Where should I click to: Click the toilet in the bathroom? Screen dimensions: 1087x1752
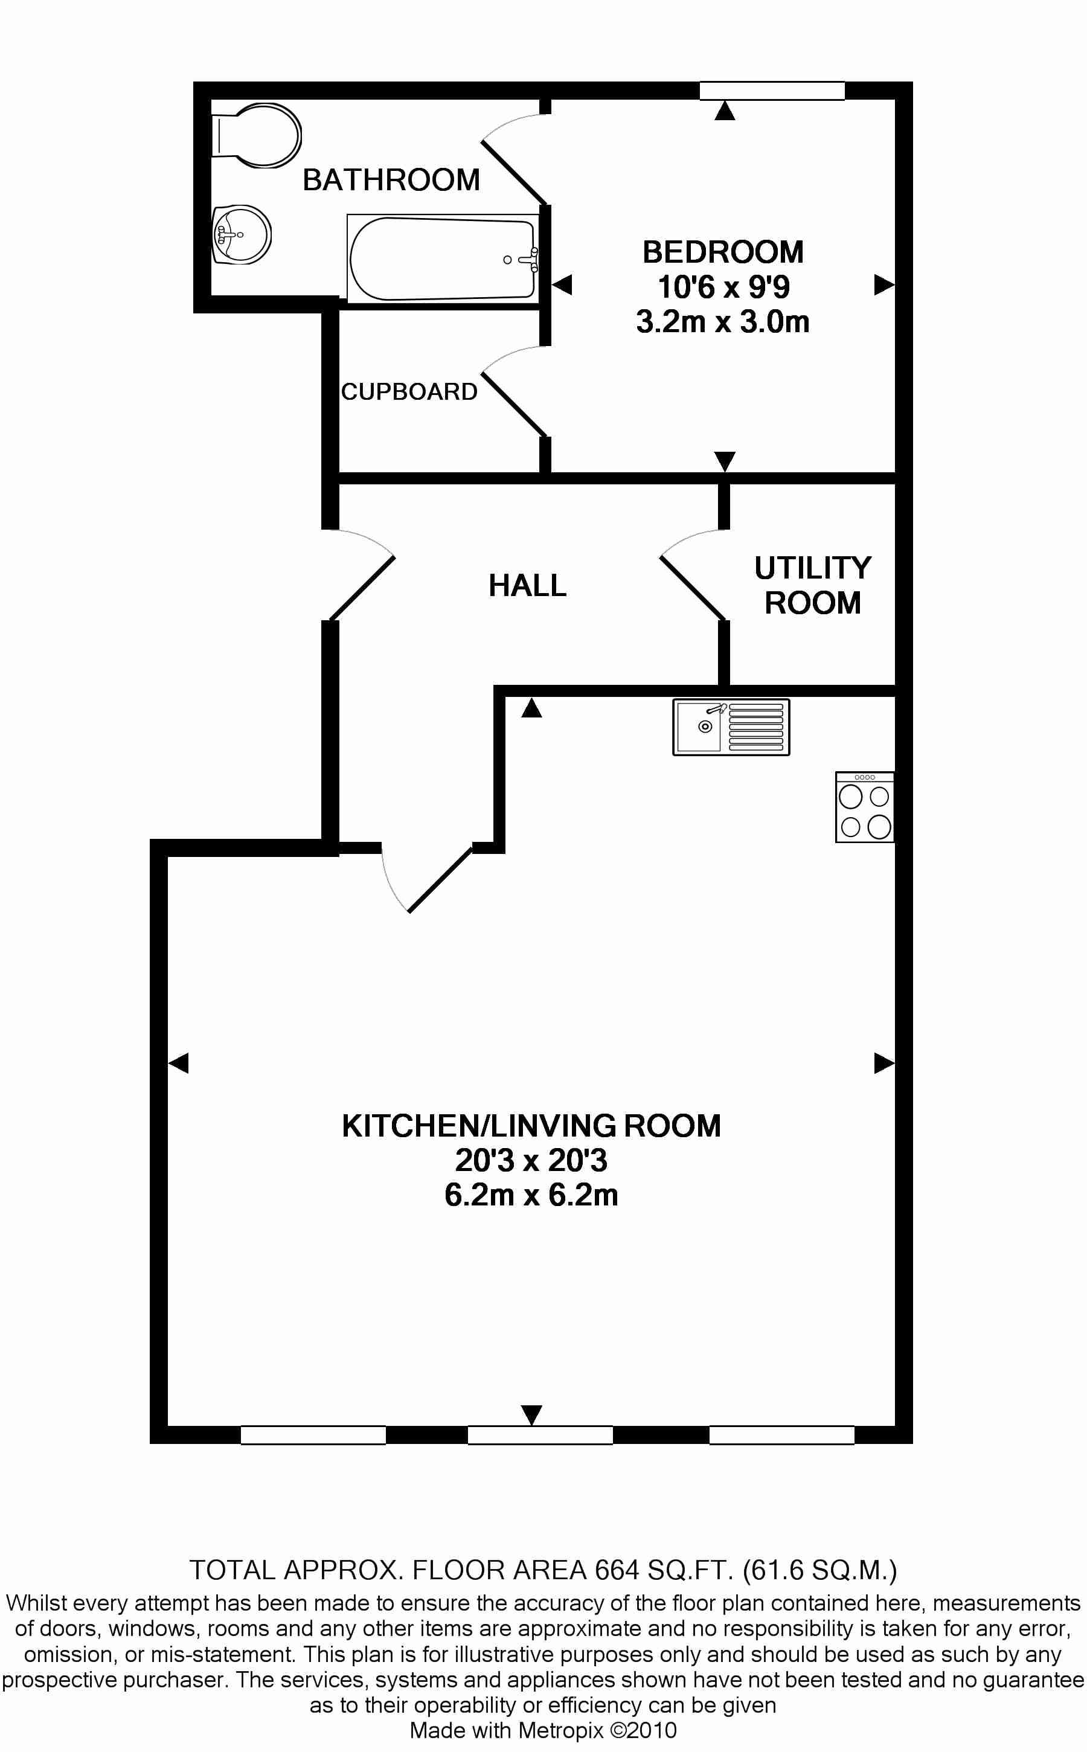coord(256,136)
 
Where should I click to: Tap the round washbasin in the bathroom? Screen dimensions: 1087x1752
coord(242,234)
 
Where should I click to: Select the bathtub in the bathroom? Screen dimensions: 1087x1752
coord(443,258)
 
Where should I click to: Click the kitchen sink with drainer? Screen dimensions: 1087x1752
coord(731,727)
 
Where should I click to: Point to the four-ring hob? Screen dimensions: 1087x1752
coord(865,807)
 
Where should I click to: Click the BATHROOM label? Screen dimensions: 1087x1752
coord(391,180)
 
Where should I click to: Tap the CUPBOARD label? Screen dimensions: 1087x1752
coord(409,392)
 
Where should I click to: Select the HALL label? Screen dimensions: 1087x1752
coord(528,585)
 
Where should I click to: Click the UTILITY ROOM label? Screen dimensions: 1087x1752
coord(812,585)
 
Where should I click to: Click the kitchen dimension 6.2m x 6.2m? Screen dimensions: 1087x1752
coord(531,1195)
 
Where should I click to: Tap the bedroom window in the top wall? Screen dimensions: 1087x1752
coord(772,91)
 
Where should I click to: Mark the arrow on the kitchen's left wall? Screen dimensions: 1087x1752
coord(178,1062)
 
